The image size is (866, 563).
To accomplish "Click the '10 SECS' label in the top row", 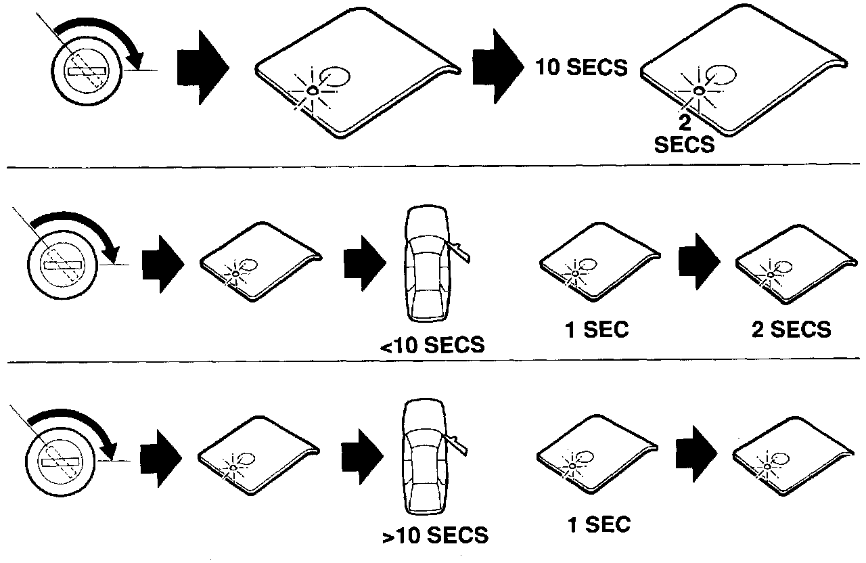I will coord(580,68).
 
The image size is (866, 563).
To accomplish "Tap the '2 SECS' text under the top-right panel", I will coord(684,135).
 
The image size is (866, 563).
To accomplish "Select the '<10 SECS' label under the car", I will coord(432,345).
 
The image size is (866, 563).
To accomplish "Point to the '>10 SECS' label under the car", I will coord(434,536).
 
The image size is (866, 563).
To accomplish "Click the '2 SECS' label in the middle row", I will coord(790,330).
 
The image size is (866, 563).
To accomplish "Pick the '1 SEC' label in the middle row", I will coord(597,330).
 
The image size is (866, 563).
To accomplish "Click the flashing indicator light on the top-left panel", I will coord(312,90).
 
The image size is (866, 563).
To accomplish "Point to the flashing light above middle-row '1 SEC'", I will coord(575,273).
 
